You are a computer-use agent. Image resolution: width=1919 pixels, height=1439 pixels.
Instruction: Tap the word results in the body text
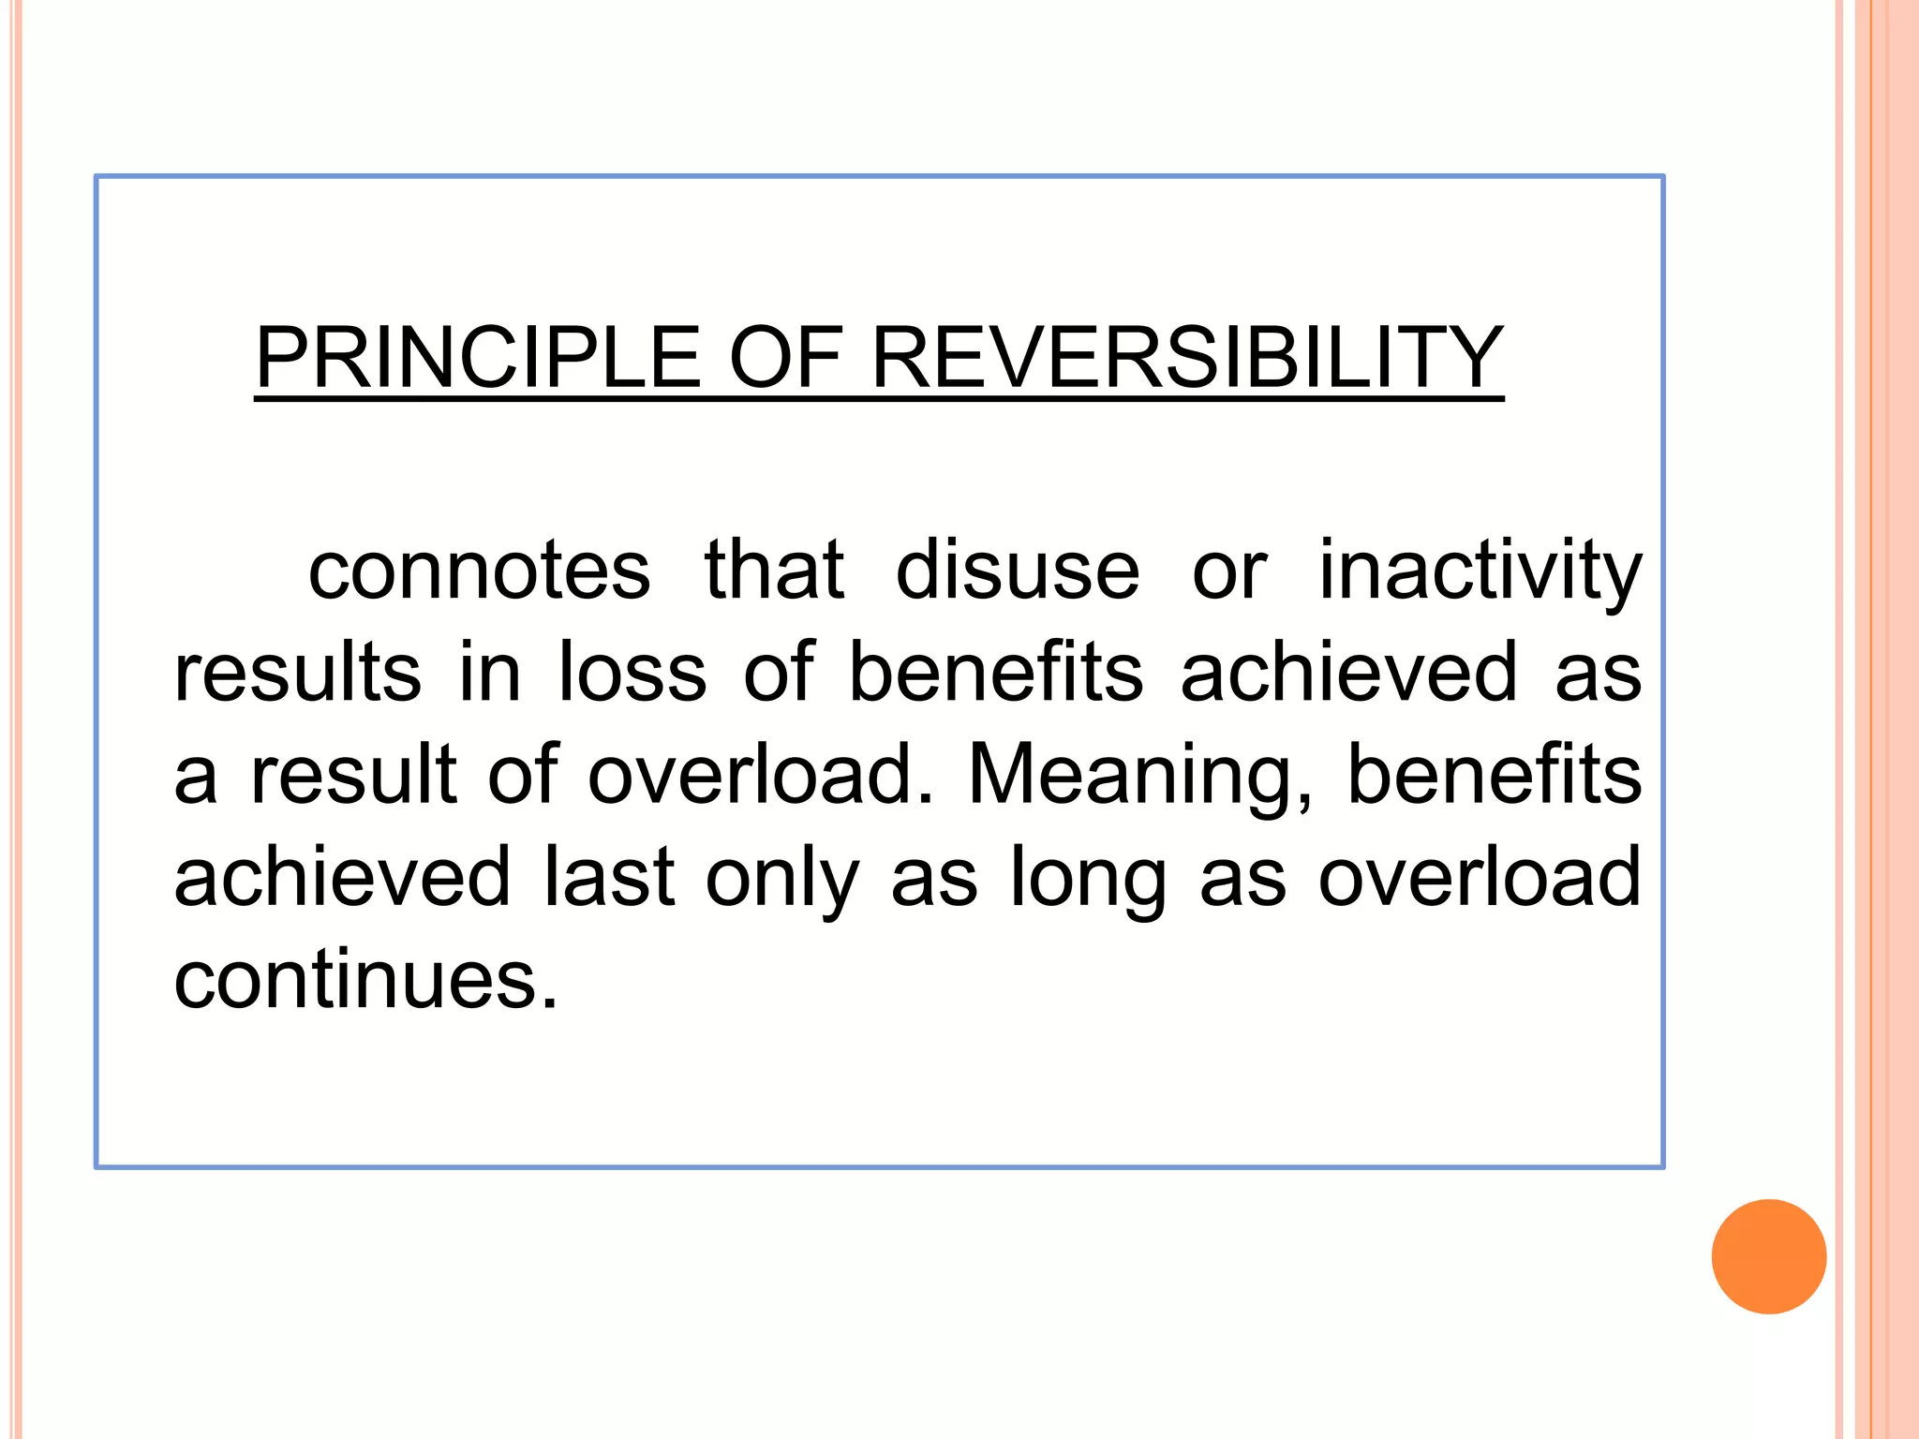coord(298,672)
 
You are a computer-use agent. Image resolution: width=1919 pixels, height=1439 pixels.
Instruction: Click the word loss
coord(632,672)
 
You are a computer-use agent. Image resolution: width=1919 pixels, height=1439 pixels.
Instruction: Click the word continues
coord(365,979)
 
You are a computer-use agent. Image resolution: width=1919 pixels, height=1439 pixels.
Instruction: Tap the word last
coord(609,877)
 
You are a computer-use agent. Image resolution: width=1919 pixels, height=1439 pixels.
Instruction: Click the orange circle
coord(1768,1256)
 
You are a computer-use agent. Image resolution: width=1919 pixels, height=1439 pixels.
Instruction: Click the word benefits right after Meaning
coord(1494,774)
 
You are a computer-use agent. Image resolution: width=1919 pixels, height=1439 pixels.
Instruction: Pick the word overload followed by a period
coord(761,774)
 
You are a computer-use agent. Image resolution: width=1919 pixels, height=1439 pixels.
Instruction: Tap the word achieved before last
coord(342,877)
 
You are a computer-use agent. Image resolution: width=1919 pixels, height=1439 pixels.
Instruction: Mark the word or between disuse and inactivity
coord(1229,571)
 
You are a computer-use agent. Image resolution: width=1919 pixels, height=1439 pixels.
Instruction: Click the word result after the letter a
coord(353,774)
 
